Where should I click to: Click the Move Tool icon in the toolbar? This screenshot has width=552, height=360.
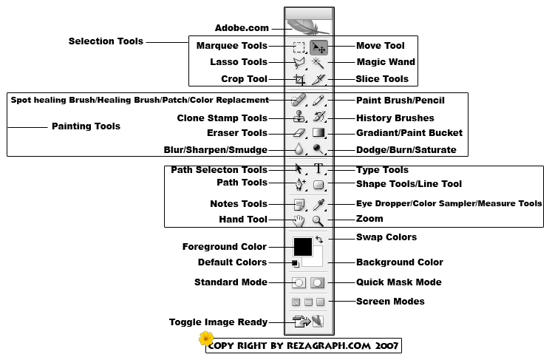[x=318, y=47]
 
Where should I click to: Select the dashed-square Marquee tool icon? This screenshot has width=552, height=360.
[x=299, y=47]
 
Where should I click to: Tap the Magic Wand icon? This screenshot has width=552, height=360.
[x=318, y=63]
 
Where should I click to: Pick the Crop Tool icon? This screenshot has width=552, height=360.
[x=299, y=80]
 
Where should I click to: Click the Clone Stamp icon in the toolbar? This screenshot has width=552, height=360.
[x=299, y=117]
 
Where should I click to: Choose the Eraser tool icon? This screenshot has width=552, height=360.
[x=299, y=133]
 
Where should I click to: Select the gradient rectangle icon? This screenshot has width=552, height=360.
[x=318, y=132]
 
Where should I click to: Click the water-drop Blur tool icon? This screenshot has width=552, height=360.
[x=299, y=149]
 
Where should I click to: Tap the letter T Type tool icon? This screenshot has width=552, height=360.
[x=318, y=169]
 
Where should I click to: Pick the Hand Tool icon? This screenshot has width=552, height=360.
[x=299, y=221]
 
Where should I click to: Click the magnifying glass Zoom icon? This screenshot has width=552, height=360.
[x=318, y=221]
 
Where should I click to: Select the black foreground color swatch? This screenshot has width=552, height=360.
[x=303, y=247]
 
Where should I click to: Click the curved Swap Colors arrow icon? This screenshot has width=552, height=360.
[x=319, y=240]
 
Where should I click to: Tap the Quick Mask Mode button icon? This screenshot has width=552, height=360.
[x=317, y=282]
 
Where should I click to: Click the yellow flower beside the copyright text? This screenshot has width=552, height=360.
[x=206, y=339]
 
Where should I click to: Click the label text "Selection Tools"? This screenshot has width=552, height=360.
[x=106, y=41]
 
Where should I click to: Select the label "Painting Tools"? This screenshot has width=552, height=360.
[x=86, y=126]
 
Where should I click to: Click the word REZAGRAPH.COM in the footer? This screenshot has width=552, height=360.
[x=329, y=345]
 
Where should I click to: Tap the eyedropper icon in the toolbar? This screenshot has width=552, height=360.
[x=318, y=204]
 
